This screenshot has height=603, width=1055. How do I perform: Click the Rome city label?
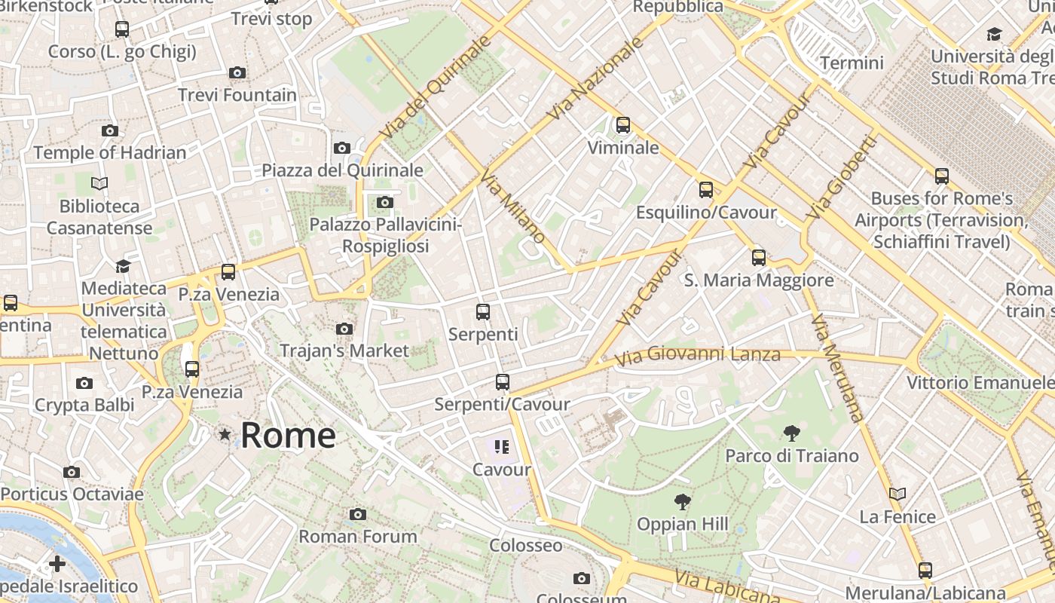coord(288,435)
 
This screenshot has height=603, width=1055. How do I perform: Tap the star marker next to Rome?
coord(225,434)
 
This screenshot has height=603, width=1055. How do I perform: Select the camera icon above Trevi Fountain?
coord(237,72)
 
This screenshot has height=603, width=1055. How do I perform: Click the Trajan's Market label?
coord(344,350)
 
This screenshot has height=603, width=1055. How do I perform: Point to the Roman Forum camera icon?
coord(358,514)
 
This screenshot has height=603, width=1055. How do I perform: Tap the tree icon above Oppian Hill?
coord(683,501)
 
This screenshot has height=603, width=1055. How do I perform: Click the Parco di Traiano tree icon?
coord(791,433)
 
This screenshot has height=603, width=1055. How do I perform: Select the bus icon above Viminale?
coord(623,125)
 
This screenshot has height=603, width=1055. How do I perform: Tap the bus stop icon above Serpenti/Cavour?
coord(503,382)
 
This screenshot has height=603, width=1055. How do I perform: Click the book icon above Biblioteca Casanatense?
coord(99,183)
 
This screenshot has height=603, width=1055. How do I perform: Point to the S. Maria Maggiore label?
coord(759,280)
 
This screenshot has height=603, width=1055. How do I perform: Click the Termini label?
coord(852,63)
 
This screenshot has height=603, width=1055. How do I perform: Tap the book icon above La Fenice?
coord(898,494)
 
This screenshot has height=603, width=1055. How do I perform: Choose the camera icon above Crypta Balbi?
coord(84,383)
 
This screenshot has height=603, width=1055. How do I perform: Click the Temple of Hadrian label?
coord(110,152)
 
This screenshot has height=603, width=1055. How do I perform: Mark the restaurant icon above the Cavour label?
coord(502,447)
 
